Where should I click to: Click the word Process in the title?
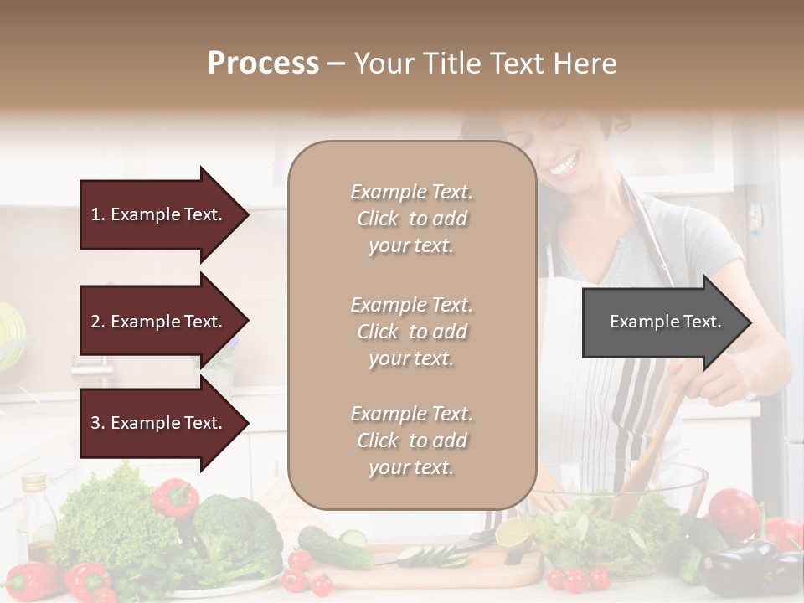(263, 64)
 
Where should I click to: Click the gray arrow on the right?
(666, 322)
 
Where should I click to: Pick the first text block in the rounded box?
(411, 219)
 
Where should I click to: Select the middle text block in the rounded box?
(411, 332)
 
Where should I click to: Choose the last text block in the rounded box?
(411, 441)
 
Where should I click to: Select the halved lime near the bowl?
(513, 533)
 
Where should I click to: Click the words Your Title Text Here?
(486, 64)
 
